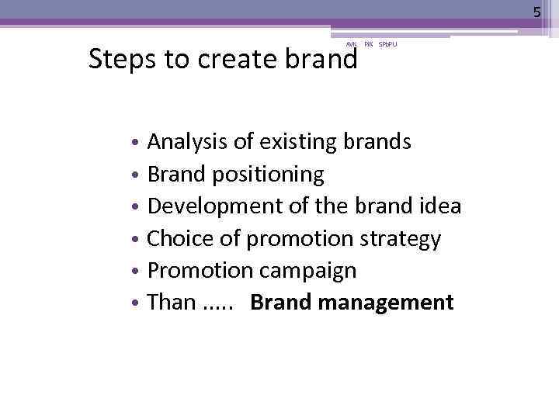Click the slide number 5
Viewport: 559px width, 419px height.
(x=536, y=12)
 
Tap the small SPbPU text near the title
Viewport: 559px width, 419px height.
(x=387, y=45)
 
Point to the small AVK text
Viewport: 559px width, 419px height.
(x=350, y=45)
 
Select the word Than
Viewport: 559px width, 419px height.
(x=172, y=302)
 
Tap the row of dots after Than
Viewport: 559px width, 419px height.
(x=217, y=306)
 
